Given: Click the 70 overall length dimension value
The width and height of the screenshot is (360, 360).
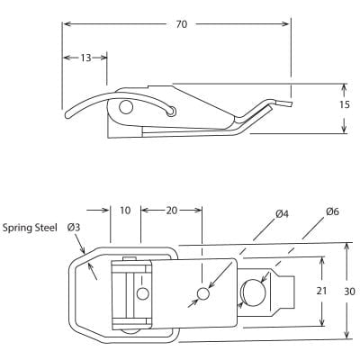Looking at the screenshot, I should pyautogui.click(x=181, y=24).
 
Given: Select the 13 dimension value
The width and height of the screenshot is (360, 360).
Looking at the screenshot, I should pyautogui.click(x=85, y=58).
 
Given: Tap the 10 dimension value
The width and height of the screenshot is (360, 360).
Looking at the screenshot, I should pyautogui.click(x=125, y=210).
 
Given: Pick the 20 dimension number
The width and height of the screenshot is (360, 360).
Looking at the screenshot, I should pyautogui.click(x=172, y=210).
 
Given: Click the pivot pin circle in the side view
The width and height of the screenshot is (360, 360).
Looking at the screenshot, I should pyautogui.click(x=125, y=108).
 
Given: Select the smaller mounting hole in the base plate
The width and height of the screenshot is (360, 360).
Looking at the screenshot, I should pyautogui.click(x=203, y=293).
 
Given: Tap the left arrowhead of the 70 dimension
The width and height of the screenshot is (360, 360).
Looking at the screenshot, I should pyautogui.click(x=65, y=24).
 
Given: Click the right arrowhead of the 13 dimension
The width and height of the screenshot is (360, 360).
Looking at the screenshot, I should pyautogui.click(x=104, y=58).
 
